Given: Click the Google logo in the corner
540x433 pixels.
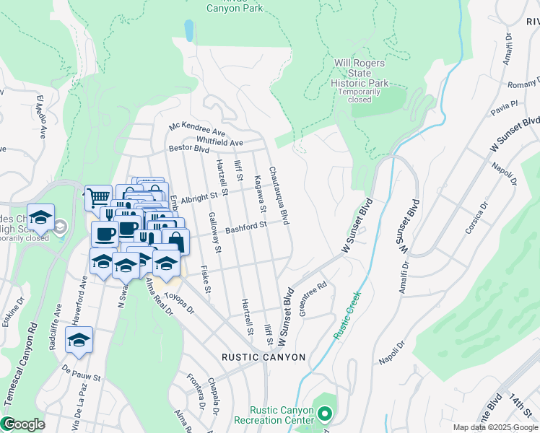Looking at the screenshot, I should pos(24,424).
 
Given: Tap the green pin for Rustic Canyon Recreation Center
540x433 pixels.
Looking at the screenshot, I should pos(324,414).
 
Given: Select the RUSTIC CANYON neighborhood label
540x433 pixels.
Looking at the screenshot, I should pos(264,357).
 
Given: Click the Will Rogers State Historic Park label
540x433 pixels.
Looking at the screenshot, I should pos(361,73).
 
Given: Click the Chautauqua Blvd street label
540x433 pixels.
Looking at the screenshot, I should pos(279,195).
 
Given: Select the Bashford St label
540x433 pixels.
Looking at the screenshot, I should pos(245,228).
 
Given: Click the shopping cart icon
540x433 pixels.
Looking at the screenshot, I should pos(98,197).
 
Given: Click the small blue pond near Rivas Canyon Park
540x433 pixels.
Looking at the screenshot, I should pos(189,30).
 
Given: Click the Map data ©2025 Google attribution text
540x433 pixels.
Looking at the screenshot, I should pos(495,427).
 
